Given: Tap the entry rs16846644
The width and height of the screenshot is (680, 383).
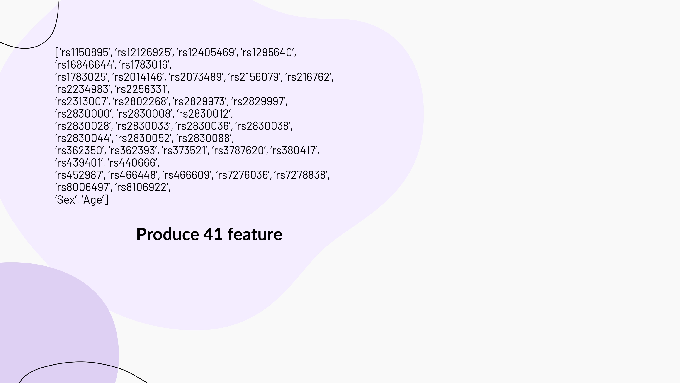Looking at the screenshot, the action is click(x=85, y=65).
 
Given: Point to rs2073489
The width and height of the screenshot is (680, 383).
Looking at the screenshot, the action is click(x=196, y=77).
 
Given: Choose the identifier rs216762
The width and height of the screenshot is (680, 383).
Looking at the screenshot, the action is click(x=309, y=77).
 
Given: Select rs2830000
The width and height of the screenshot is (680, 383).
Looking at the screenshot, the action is click(x=83, y=114).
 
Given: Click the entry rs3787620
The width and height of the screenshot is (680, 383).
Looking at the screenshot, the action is click(x=239, y=151).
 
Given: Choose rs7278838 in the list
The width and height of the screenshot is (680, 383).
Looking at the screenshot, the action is click(x=301, y=175).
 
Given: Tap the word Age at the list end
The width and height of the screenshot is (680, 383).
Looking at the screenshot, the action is click(x=93, y=200).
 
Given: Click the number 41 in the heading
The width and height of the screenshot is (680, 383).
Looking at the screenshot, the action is click(x=213, y=234).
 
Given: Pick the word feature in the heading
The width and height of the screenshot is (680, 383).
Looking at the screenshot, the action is click(x=255, y=234).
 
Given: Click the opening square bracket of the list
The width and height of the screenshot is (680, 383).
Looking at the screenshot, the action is click(x=56, y=53).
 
